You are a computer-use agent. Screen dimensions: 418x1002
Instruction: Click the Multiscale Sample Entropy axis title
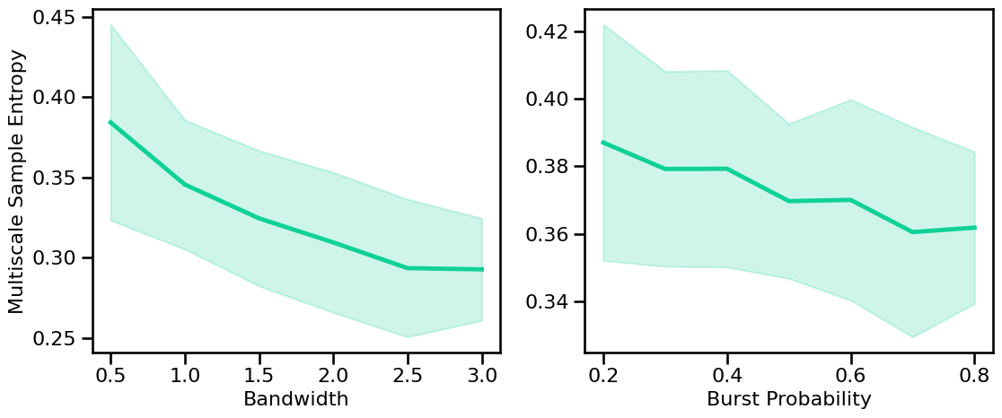point(17,181)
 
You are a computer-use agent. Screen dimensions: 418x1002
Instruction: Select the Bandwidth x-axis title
point(295,400)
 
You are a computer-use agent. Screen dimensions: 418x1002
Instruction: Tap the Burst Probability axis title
point(788,400)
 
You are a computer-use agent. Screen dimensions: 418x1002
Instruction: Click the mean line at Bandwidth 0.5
point(110,122)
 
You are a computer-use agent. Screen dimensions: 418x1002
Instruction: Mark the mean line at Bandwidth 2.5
point(408,268)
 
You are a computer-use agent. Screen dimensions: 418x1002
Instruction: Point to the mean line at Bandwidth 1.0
point(185,184)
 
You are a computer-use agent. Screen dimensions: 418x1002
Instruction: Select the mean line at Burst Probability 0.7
point(913,232)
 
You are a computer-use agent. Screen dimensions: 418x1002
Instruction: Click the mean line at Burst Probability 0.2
point(603,143)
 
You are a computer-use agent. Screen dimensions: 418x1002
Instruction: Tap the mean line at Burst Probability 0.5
point(788,201)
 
